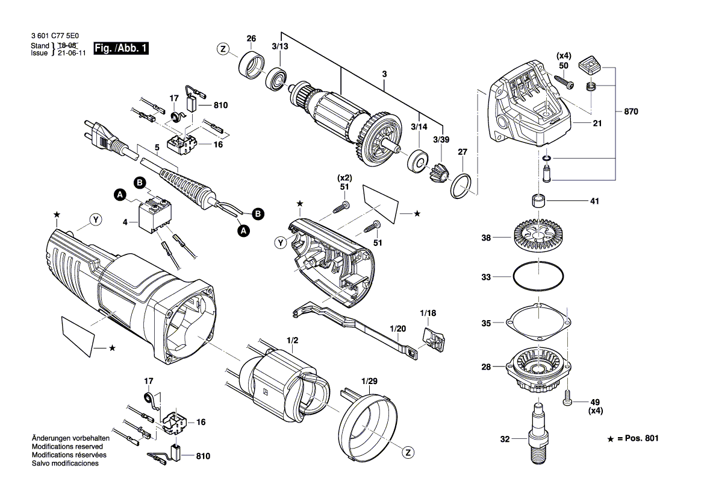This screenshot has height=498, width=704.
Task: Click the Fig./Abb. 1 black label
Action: coord(121,48)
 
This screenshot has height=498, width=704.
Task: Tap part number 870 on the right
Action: coord(631,112)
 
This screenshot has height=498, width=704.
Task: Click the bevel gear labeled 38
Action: coord(537,236)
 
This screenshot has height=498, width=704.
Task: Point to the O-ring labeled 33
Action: coord(538,277)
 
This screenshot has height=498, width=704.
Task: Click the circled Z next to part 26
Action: coord(223,49)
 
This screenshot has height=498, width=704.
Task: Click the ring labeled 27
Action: coord(462,186)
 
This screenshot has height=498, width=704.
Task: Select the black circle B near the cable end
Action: coord(257,213)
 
